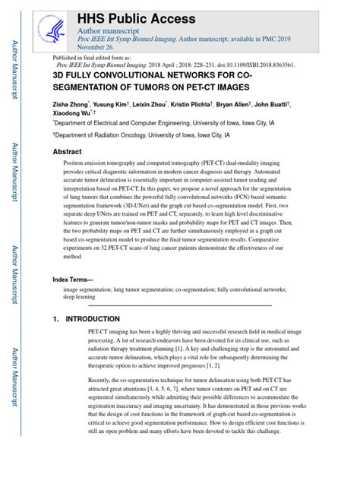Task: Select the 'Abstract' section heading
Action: (67, 152)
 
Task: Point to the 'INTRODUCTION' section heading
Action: (93, 319)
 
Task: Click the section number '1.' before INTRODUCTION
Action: (56, 319)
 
